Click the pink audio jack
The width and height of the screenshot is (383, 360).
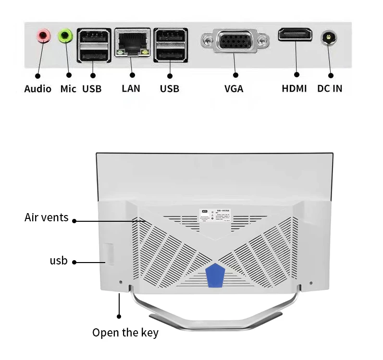coord(44,35)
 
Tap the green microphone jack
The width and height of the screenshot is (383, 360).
coord(65,35)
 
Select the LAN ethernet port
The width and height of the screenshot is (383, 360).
coord(132,43)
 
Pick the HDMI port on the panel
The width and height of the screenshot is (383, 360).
coord(295,35)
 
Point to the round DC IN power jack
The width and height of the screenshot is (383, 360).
coord(329,36)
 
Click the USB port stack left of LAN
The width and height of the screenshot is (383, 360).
coord(94,45)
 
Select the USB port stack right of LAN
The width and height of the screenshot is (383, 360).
coord(170,45)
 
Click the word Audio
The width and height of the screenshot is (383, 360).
coord(37,89)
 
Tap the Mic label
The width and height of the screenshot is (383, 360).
coord(68,89)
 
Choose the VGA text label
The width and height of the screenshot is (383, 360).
coord(234,89)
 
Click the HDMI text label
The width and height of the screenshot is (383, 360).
coord(294,89)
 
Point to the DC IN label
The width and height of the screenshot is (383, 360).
coord(330,89)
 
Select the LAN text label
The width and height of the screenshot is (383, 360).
coord(131,89)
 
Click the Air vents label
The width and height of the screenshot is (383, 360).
coord(46,218)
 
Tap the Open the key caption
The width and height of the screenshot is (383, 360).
coord(125,333)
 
